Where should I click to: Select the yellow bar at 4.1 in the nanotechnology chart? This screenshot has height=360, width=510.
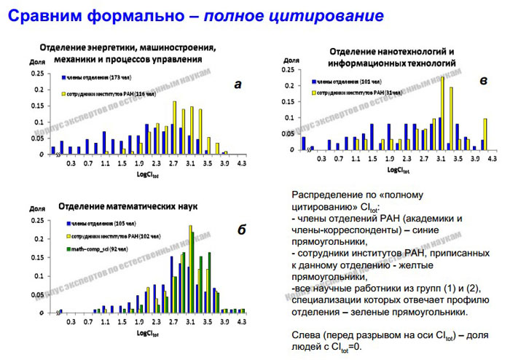coord(484,134)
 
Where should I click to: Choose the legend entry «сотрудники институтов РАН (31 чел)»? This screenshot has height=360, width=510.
coord(350,93)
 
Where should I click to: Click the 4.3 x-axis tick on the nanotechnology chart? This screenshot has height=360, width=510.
coord(492,157)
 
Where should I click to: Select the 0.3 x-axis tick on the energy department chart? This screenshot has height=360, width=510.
coord(70,164)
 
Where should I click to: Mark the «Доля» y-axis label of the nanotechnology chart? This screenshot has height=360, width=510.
coord(291,61)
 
